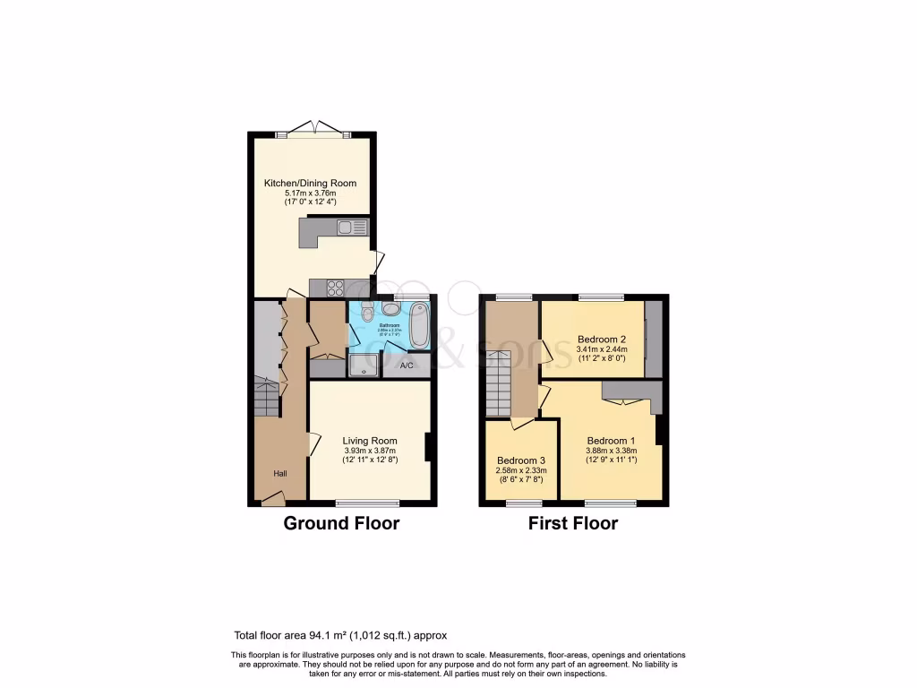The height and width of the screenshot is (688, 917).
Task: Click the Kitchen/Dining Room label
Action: pyautogui.click(x=310, y=183)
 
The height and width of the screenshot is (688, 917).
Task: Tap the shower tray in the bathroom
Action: pyautogui.click(x=364, y=365)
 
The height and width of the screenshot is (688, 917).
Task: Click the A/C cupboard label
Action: pyautogui.click(x=406, y=365)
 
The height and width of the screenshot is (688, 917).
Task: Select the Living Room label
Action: pyautogui.click(x=370, y=441)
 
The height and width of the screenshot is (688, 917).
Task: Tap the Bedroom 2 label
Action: pyautogui.click(x=600, y=339)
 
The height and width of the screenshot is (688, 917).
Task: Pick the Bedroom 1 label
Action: pyautogui.click(x=612, y=441)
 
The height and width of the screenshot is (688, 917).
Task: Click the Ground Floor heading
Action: pyautogui.click(x=341, y=523)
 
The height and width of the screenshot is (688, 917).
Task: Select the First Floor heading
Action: pyautogui.click(x=572, y=523)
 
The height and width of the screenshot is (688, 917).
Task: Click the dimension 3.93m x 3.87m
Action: pyautogui.click(x=370, y=451)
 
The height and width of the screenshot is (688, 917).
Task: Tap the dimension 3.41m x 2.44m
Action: pyautogui.click(x=600, y=349)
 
